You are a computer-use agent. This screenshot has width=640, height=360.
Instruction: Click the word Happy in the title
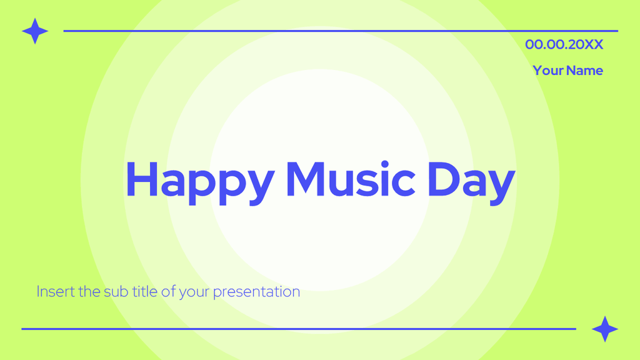coord(199,179)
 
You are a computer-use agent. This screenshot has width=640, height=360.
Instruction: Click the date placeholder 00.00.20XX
coord(564,44)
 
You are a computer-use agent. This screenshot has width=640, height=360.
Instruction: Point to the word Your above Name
coord(548,71)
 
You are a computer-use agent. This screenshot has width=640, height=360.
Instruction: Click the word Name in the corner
coord(585,71)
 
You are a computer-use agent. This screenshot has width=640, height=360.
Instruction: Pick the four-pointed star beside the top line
coord(35,31)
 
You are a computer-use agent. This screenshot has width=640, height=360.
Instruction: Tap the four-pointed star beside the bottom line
coord(604,329)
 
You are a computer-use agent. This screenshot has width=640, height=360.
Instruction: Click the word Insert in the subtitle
coord(54,292)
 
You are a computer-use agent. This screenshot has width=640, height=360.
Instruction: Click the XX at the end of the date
coord(594,44)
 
